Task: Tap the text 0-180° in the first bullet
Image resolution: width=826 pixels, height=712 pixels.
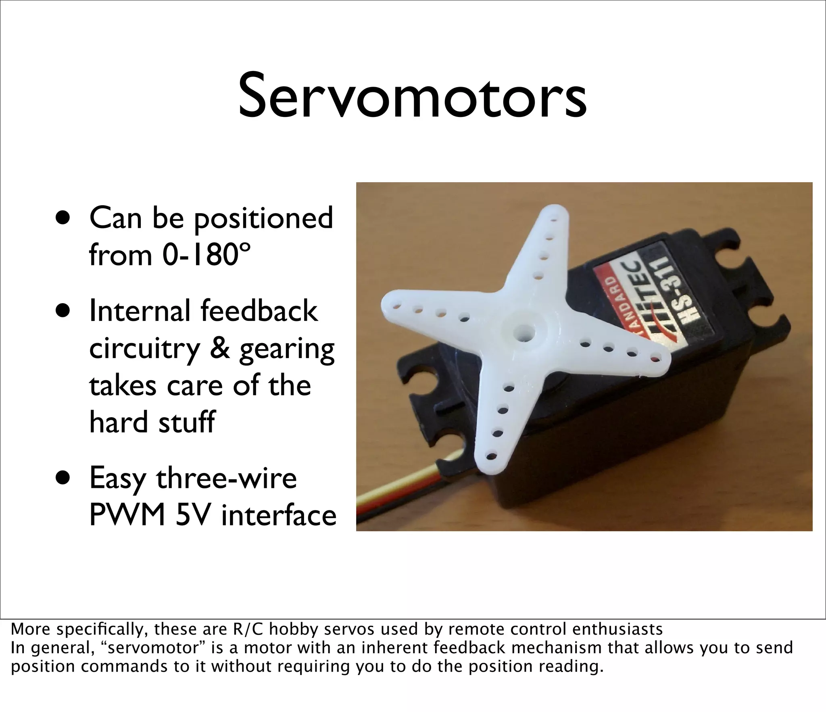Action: pyautogui.click(x=206, y=255)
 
